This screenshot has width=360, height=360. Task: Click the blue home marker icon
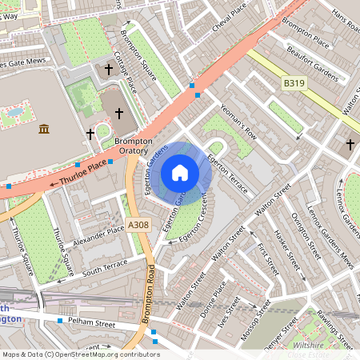[x=180, y=173]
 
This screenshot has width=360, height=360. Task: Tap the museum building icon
[x=43, y=129]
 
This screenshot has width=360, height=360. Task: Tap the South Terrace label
[x=105, y=266]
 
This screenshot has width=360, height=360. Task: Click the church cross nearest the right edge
[x=350, y=145]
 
